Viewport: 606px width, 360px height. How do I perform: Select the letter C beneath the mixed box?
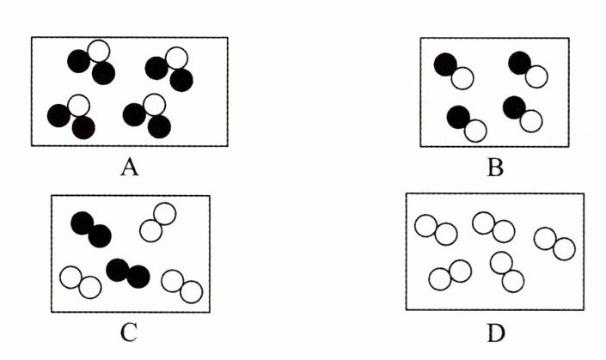129,333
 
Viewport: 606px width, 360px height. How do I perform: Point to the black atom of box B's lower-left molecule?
458,116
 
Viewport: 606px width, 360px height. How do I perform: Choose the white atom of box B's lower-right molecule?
531,120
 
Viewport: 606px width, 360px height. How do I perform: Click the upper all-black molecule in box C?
91,229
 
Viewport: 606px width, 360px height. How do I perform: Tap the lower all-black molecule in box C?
128,272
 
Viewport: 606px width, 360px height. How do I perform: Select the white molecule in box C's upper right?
158,222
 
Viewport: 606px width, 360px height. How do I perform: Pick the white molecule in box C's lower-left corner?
81,283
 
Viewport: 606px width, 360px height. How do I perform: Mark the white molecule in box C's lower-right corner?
182,286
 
